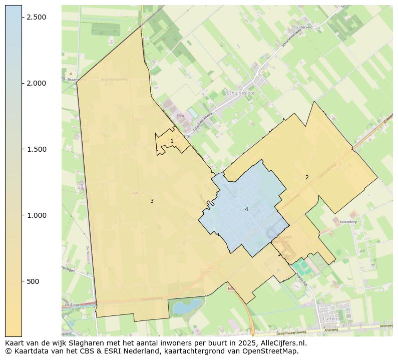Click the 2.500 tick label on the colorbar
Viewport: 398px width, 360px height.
pos(37,17)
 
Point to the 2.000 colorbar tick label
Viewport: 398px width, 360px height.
pos(37,83)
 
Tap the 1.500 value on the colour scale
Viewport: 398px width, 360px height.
pos(37,149)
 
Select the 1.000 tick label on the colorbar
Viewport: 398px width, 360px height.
pos(37,215)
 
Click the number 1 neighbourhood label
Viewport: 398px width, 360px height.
pos(172,141)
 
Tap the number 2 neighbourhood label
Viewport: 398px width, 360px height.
pos(307,177)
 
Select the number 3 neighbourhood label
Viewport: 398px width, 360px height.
pos(152,201)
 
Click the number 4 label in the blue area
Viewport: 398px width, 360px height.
pos(246,209)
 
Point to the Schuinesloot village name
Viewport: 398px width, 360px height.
pos(240,93)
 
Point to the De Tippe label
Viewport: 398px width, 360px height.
pos(73,304)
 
